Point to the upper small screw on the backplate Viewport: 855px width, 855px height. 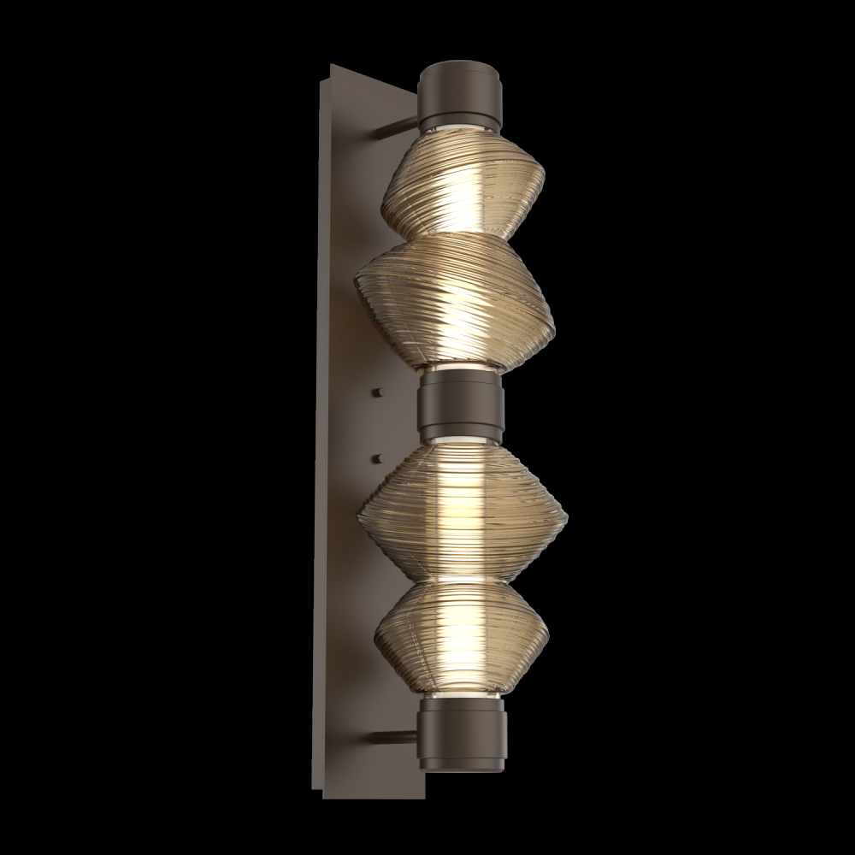tap(377, 392)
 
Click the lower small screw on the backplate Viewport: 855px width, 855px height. tap(377, 458)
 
